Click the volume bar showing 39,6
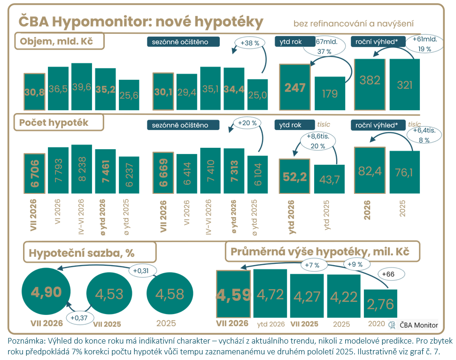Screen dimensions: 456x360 tap(82, 86)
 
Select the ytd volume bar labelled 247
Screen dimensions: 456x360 tap(295, 87)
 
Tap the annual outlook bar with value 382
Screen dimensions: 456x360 tap(370, 84)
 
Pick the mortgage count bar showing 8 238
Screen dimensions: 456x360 tap(82, 169)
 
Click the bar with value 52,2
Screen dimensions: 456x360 tap(294, 176)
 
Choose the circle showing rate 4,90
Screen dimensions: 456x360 tap(46, 291)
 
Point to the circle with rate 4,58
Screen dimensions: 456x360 tap(170, 293)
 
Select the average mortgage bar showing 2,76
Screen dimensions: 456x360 tap(380, 304)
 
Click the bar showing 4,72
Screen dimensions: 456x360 tap(270, 293)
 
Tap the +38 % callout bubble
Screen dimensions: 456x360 tap(250, 43)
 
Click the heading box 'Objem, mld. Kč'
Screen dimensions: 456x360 tap(59, 41)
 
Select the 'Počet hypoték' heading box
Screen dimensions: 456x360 tap(59, 123)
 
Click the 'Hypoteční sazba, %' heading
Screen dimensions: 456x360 tap(90, 252)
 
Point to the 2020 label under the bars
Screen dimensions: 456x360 tap(376, 324)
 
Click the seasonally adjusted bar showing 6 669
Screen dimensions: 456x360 tap(163, 173)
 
